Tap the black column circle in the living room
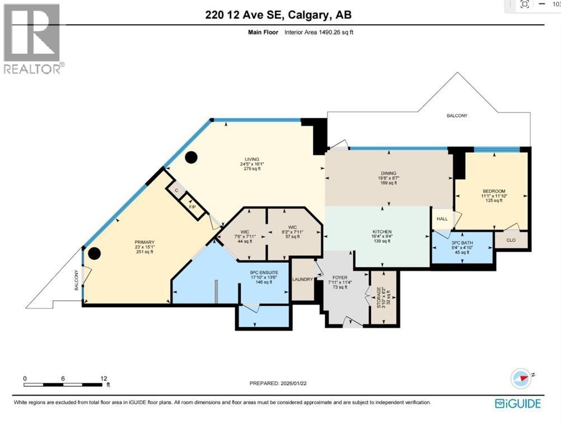(x=191, y=157)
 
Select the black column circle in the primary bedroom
(x=95, y=254)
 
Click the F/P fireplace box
(x=193, y=207)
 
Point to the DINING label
(x=389, y=174)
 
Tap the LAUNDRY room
(x=302, y=279)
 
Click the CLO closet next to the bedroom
(x=511, y=240)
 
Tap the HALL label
(x=442, y=220)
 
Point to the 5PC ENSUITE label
(x=261, y=273)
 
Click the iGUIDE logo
(x=517, y=403)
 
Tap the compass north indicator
(x=521, y=378)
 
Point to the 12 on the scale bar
(x=104, y=378)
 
